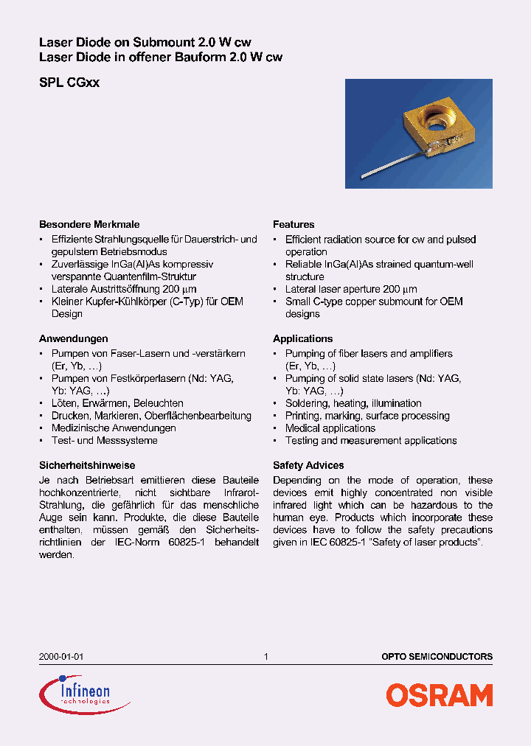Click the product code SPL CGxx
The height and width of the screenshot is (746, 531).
tap(69, 83)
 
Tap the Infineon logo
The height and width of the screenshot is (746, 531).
tap(75, 694)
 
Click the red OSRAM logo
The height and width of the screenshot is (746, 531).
tap(440, 695)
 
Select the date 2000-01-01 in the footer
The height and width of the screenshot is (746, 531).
tap(56, 656)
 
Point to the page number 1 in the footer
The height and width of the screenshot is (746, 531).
tap(265, 656)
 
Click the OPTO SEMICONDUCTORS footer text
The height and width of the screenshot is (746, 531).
tap(437, 656)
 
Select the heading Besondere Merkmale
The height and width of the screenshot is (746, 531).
tap(88, 224)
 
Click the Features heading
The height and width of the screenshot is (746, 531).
tap(294, 224)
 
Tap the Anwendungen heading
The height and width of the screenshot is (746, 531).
tap(73, 338)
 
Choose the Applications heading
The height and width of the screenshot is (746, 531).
tap(302, 338)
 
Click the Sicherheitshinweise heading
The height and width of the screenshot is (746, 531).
tap(86, 465)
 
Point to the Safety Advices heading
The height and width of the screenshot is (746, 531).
tap(308, 465)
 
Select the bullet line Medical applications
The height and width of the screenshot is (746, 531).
tap(330, 428)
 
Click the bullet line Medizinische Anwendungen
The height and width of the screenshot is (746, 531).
tap(113, 428)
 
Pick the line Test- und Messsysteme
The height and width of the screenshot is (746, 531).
tap(104, 441)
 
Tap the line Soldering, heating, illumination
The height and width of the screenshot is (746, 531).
tap(353, 403)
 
